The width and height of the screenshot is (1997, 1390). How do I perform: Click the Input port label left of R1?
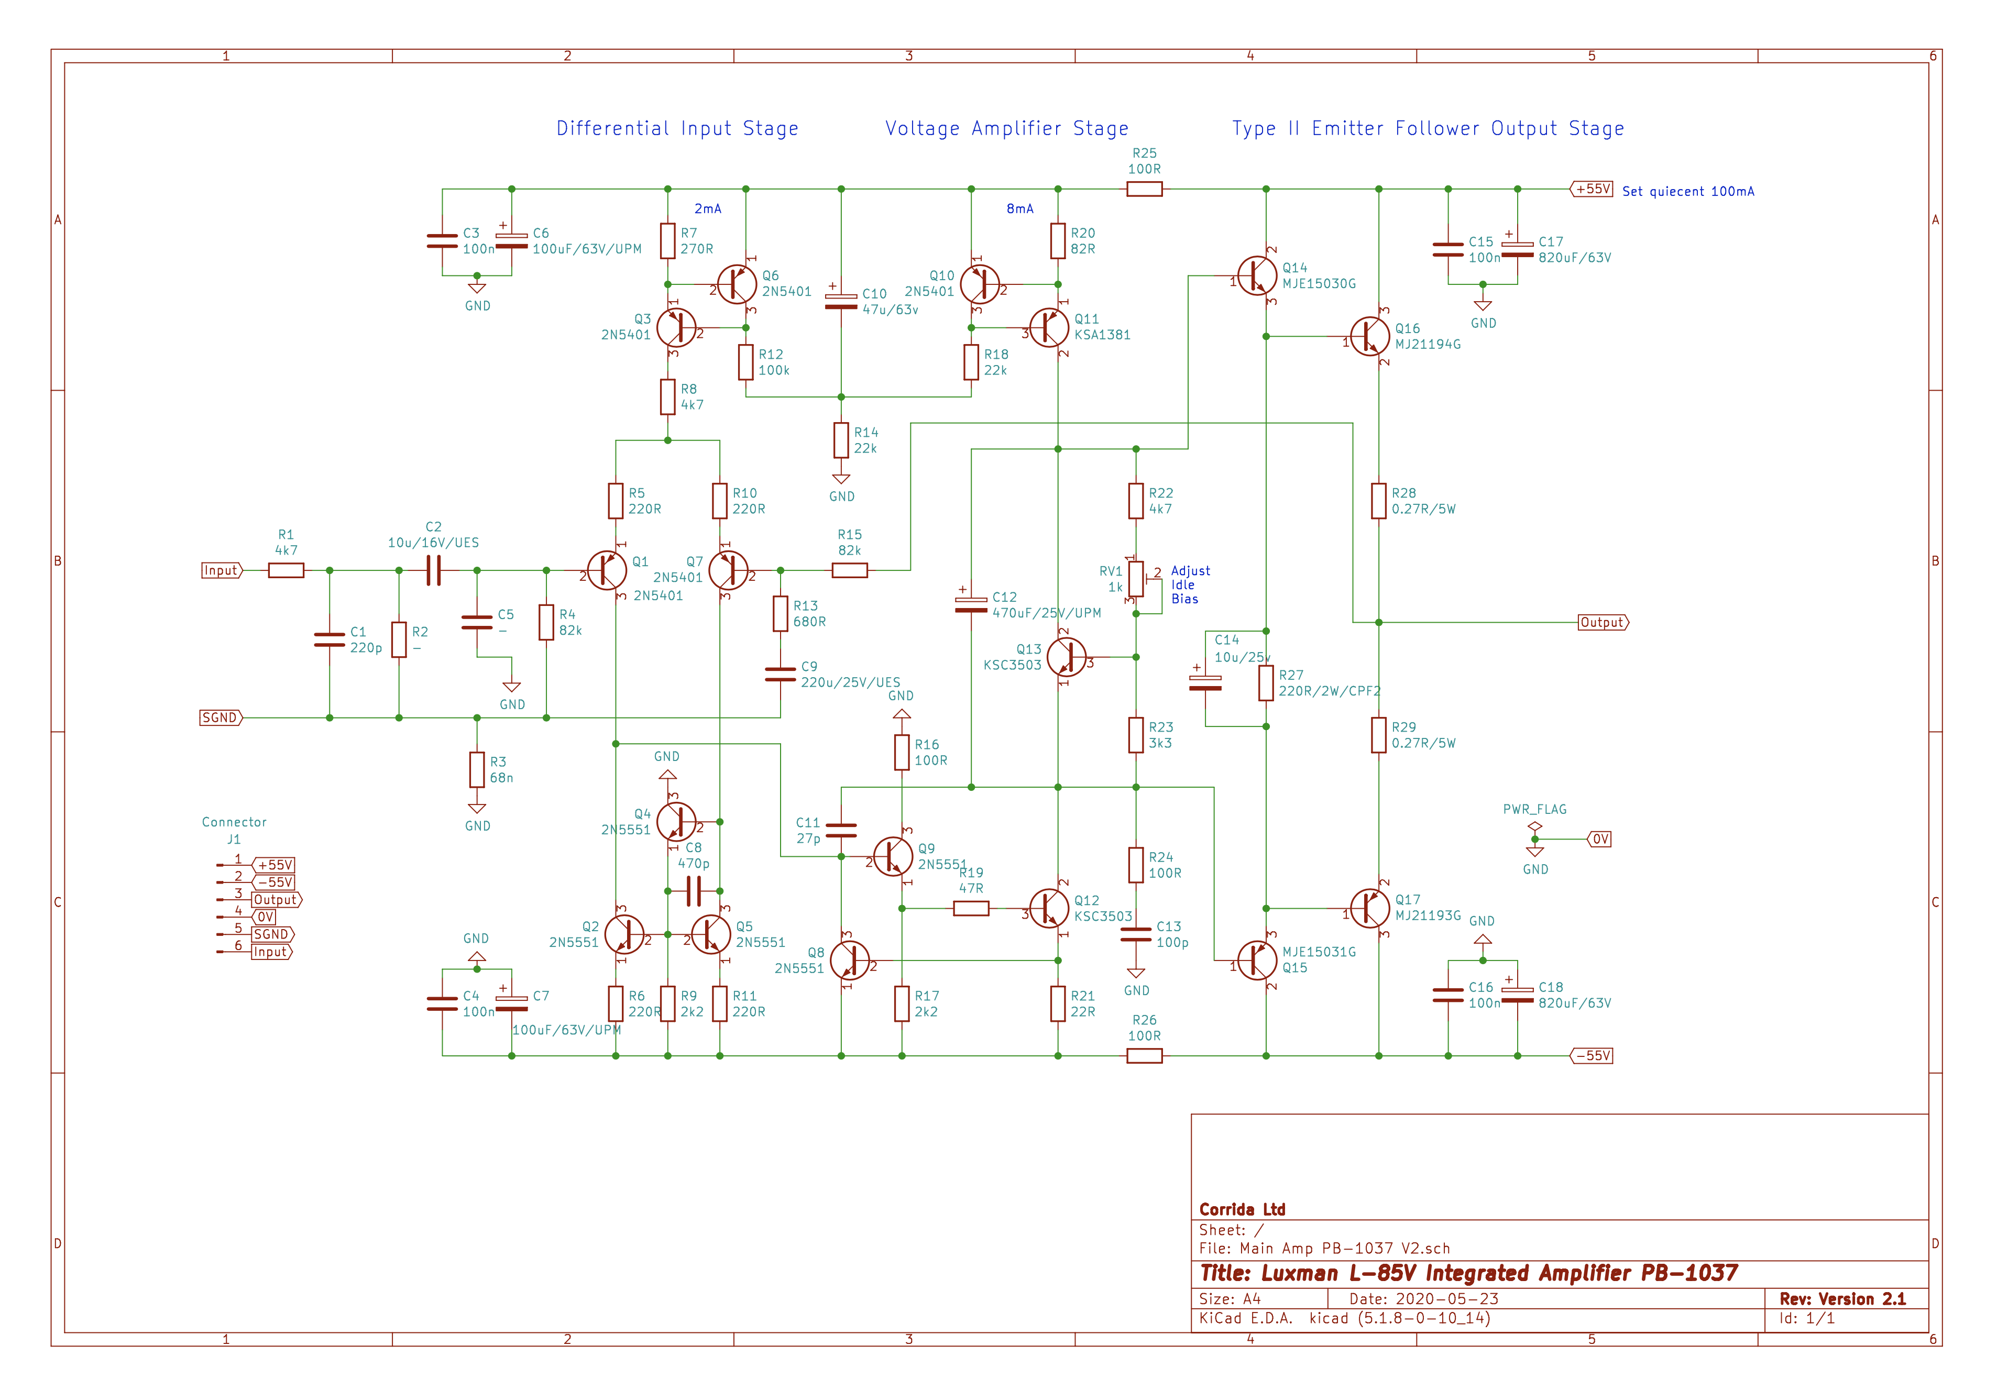pyautogui.click(x=222, y=570)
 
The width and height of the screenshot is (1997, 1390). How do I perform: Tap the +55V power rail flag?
pyautogui.click(x=1592, y=189)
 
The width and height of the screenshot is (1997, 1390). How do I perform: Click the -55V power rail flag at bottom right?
pyautogui.click(x=1592, y=1056)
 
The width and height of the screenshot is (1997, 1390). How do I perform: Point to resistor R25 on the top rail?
pyautogui.click(x=1145, y=189)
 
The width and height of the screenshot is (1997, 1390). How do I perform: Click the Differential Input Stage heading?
pyautogui.click(x=677, y=129)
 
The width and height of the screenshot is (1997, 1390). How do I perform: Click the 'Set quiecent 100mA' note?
pyautogui.click(x=1688, y=191)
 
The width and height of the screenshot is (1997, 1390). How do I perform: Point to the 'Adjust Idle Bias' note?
pyautogui.click(x=1190, y=585)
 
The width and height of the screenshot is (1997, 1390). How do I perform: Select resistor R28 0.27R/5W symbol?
pyautogui.click(x=1379, y=501)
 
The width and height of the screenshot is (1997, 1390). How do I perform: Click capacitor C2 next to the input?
pyautogui.click(x=434, y=570)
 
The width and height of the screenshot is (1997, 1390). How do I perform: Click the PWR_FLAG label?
pyautogui.click(x=1535, y=809)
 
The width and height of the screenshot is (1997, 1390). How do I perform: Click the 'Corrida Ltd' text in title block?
pyautogui.click(x=1242, y=1209)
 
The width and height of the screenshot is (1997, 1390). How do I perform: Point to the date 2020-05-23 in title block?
pyautogui.click(x=1447, y=1299)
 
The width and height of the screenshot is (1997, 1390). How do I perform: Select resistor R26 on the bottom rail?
pyautogui.click(x=1145, y=1056)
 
